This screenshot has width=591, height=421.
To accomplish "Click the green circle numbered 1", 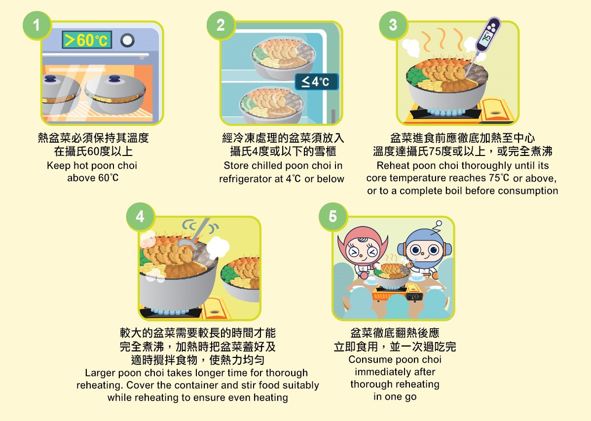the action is click(37, 25).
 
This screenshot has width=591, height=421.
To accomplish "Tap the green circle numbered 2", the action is click(221, 25).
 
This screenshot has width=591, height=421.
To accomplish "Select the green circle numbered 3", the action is click(393, 25).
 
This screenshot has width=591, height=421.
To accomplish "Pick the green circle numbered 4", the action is click(140, 217).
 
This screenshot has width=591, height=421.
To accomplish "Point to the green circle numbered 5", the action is click(333, 217).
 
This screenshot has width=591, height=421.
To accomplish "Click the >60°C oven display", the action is click(87, 39).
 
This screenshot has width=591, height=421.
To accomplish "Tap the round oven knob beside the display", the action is click(127, 40).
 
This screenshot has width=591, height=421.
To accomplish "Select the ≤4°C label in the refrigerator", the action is click(316, 81).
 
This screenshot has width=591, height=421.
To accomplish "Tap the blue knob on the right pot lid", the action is click(114, 78).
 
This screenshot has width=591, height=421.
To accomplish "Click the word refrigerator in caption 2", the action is click(251, 179).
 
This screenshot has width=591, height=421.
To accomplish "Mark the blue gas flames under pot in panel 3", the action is click(446, 112).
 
